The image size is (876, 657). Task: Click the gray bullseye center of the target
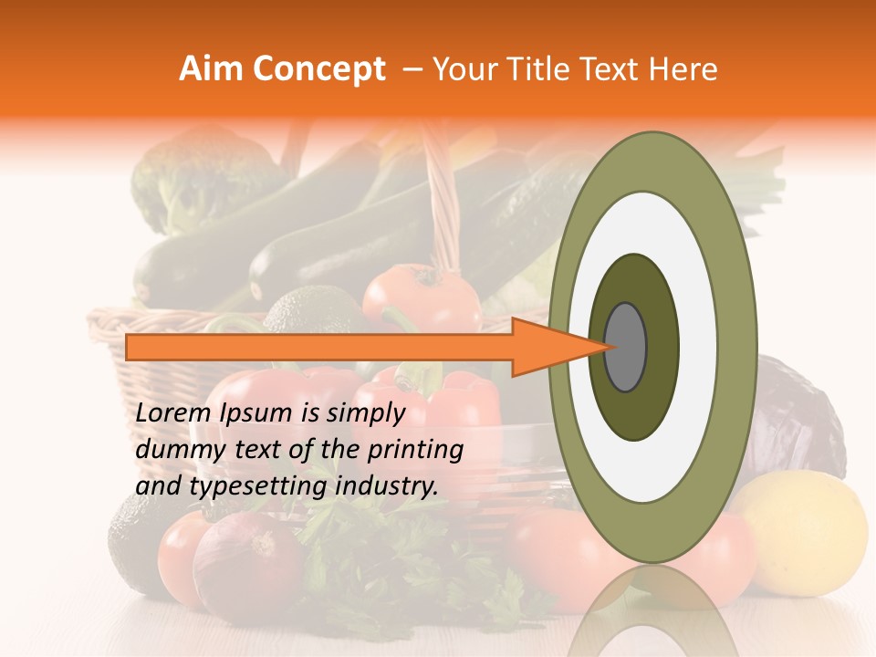625,347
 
